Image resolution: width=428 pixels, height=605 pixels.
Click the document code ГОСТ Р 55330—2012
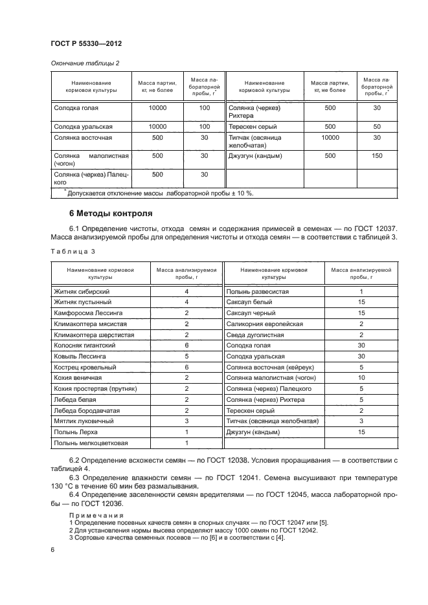86,43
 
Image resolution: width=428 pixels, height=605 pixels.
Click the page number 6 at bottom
52,549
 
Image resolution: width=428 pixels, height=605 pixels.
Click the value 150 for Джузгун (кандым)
377,156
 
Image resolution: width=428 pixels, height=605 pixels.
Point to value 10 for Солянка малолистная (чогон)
361,377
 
